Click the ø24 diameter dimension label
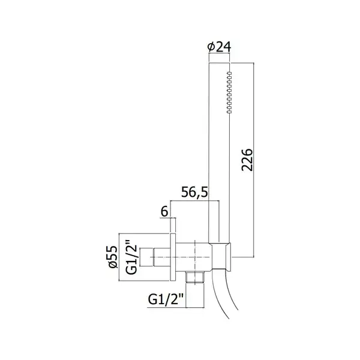pyautogui.click(x=219, y=47)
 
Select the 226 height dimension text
pyautogui.click(x=247, y=160)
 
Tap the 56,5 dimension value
pyautogui.click(x=194, y=192)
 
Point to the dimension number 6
pyautogui.click(x=164, y=211)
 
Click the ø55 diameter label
pyautogui.click(x=113, y=257)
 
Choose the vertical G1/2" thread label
pyautogui.click(x=131, y=257)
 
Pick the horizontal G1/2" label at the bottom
pyautogui.click(x=166, y=299)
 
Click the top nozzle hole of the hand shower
pyautogui.click(x=229, y=73)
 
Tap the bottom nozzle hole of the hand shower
pyautogui.click(x=229, y=112)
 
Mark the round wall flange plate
pyautogui.click(x=173, y=257)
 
